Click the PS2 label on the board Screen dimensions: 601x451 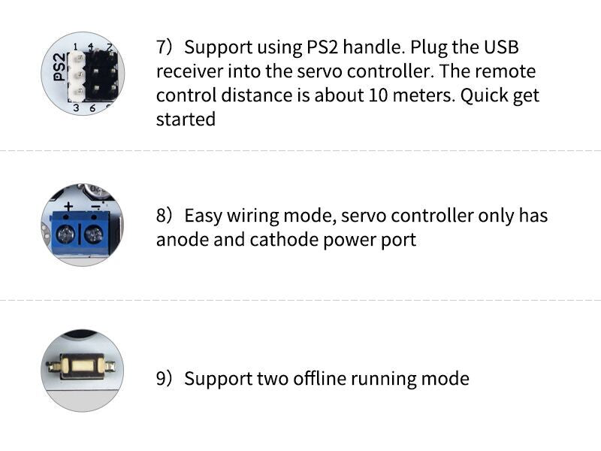coord(59,67)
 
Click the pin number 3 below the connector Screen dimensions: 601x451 coord(76,108)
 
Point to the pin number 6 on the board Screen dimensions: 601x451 coord(92,108)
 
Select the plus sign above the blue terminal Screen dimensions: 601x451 coord(68,207)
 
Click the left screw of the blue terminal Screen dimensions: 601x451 coord(65,235)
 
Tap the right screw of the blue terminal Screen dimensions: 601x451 coord(93,235)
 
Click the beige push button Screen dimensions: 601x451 coord(82,366)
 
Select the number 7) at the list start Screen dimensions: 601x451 coord(164,47)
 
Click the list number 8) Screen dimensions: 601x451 coord(164,216)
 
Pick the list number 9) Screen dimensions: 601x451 coord(164,379)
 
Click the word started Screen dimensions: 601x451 coord(186,120)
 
